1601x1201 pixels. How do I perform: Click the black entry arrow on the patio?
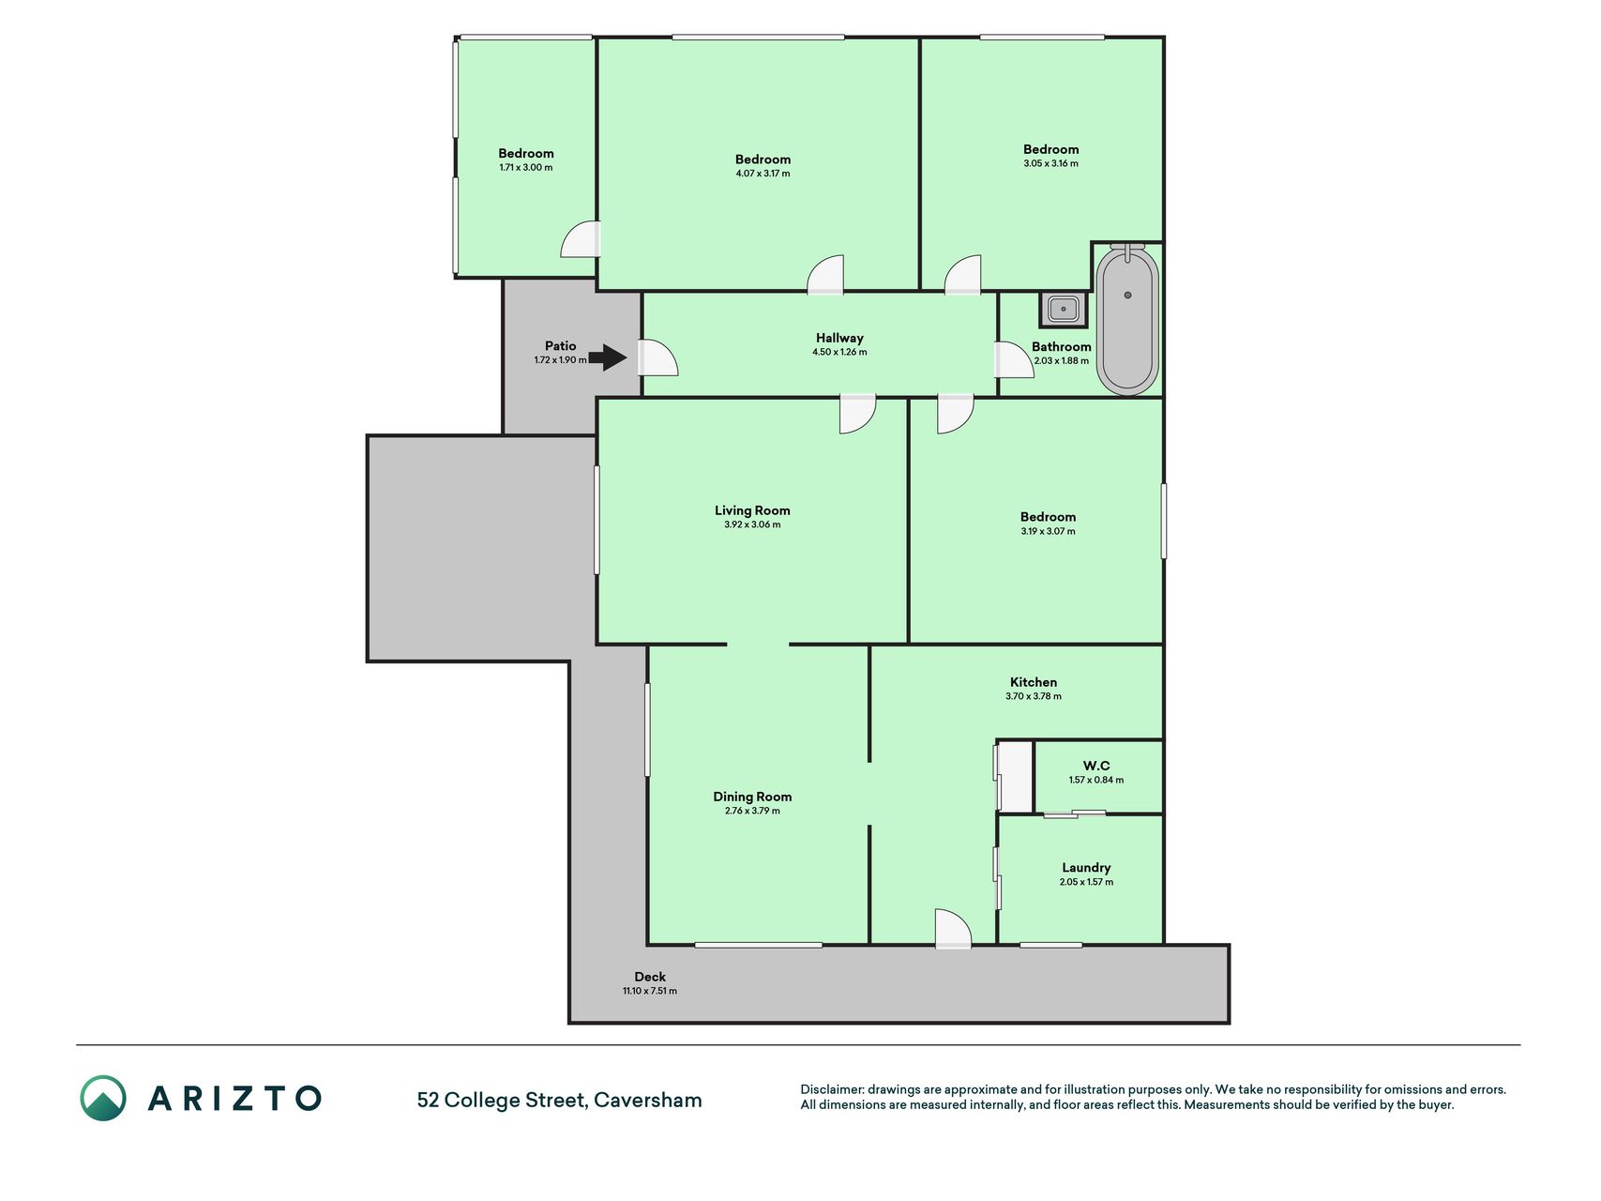[608, 357]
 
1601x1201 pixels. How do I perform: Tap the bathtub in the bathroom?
[1127, 320]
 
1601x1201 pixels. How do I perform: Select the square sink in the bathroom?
[1064, 309]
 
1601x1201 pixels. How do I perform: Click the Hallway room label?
[839, 338]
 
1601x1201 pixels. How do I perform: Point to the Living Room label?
[752, 510]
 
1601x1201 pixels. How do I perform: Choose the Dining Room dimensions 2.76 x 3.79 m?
[752, 811]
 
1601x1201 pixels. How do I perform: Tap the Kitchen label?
[1034, 682]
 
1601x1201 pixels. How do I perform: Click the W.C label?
[1096, 766]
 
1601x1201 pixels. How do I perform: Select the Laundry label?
[1086, 868]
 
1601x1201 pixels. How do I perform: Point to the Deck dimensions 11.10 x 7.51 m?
[650, 991]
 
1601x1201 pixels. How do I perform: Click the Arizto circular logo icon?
[103, 1098]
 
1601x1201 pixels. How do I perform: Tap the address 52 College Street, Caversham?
[560, 1100]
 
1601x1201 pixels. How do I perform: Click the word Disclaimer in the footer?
[832, 1089]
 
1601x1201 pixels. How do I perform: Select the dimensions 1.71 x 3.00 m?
[526, 168]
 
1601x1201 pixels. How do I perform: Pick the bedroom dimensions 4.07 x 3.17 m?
[763, 174]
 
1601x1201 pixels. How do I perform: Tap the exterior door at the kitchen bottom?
[953, 928]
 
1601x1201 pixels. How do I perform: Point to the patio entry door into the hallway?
[657, 357]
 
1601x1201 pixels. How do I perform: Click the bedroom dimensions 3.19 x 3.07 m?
[1049, 531]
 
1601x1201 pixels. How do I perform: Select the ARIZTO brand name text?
[234, 1098]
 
